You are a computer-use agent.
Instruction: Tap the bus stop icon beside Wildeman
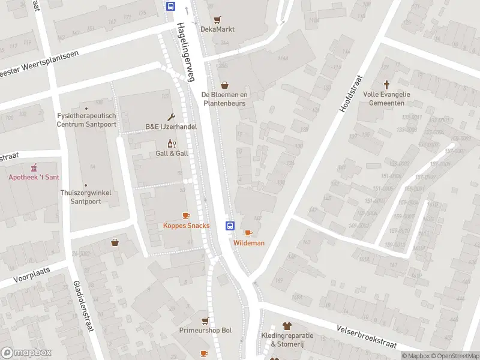[229, 226]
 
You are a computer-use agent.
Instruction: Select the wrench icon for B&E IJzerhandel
[171, 117]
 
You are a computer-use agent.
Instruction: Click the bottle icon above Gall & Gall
[171, 143]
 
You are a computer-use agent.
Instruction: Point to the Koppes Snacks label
[186, 226]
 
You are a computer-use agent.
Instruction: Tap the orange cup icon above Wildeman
[248, 233]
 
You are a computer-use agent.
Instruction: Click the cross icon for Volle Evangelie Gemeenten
[387, 85]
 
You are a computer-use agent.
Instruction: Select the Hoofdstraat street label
[351, 94]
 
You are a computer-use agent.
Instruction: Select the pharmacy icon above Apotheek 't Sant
[34, 167]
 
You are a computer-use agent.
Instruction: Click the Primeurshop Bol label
[205, 331]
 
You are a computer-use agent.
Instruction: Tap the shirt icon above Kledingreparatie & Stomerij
[286, 326]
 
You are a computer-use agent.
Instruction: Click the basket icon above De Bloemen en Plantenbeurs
[224, 85]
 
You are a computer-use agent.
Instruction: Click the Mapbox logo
[26, 353]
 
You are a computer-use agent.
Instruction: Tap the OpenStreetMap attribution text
[454, 356]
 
